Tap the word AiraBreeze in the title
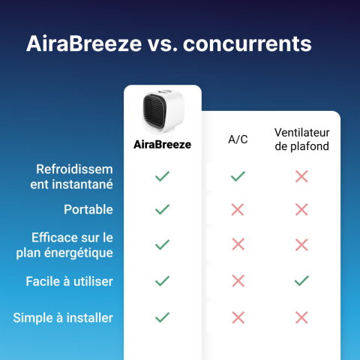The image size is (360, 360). [x=83, y=43]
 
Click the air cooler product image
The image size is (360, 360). [x=162, y=112]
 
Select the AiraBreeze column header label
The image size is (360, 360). [x=162, y=144]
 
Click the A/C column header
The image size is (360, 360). [x=238, y=139]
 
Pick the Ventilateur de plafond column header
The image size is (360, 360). [x=301, y=139]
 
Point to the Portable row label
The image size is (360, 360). [x=88, y=209]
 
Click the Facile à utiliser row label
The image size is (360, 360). [x=70, y=280]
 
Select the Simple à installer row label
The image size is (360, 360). [x=63, y=317]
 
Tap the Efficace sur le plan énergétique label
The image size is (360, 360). [x=64, y=244]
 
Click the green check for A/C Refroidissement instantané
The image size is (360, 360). [x=238, y=176]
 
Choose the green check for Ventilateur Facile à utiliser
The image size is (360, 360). [x=301, y=280]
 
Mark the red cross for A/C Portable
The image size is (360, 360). [x=238, y=209]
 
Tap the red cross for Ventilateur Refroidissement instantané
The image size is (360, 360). [x=301, y=176]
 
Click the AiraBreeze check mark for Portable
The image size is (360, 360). [x=162, y=209]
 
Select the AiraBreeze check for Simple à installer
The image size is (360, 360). [x=162, y=317]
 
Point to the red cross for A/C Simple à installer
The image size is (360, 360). [x=238, y=317]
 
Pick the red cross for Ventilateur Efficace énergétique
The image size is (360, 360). [x=301, y=244]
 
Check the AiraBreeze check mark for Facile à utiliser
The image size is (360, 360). [x=162, y=280]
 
